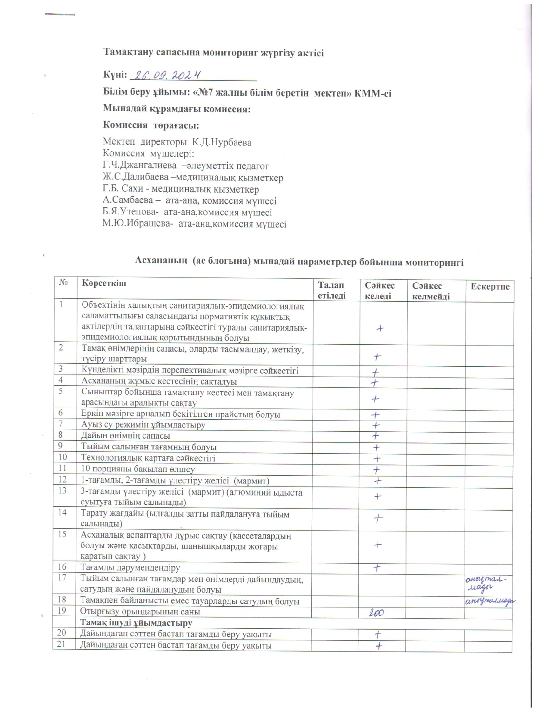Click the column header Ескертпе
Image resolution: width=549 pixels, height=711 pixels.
click(490, 287)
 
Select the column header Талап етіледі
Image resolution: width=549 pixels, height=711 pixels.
click(331, 290)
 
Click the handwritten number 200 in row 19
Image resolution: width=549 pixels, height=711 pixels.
click(376, 613)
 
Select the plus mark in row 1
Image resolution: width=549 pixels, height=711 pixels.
click(380, 328)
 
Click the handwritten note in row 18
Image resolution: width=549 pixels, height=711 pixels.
click(489, 602)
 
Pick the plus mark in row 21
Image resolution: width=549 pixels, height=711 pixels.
click(379, 646)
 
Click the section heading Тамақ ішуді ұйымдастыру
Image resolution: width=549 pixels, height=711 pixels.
click(136, 623)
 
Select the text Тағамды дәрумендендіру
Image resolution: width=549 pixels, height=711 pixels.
click(130, 568)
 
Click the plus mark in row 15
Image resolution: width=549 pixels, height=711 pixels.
click(378, 545)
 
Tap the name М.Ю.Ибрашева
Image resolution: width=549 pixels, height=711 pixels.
click(138, 224)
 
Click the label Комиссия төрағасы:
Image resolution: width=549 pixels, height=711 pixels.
click(151, 125)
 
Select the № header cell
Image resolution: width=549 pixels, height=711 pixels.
click(64, 283)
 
